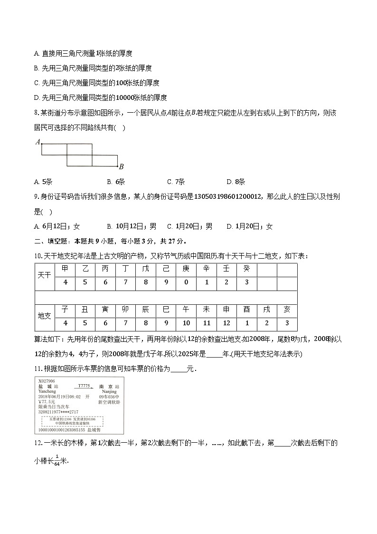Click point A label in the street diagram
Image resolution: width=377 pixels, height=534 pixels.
point(38,142)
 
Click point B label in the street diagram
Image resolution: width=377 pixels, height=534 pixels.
point(121,167)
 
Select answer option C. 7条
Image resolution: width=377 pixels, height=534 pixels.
point(176,182)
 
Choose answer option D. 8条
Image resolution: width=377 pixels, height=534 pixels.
point(236,182)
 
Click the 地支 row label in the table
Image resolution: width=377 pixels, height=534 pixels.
point(45,316)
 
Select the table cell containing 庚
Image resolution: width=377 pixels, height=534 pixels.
point(186,269)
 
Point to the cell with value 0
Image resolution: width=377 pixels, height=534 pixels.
point(186,282)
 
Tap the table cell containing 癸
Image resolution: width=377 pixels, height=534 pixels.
point(246,269)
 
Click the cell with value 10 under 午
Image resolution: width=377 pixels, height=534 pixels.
point(186,323)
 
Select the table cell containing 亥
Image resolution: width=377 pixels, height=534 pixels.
point(287,310)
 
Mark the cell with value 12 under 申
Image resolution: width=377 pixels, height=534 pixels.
point(226,323)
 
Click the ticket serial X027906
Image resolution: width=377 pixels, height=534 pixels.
point(47,381)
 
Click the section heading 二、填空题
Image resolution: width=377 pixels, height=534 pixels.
point(50,241)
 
